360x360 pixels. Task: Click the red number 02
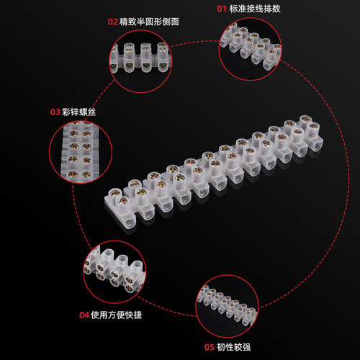(112, 22)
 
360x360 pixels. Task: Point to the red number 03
(55, 112)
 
